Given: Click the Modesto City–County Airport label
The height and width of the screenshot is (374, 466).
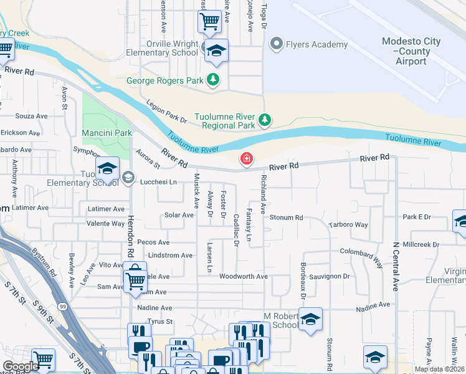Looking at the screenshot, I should (x=411, y=51).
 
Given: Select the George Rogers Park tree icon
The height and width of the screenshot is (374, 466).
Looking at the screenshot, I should (x=213, y=80).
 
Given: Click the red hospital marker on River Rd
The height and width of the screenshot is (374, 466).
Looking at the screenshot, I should (x=247, y=160).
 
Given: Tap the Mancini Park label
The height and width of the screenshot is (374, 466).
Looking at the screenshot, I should (x=107, y=133).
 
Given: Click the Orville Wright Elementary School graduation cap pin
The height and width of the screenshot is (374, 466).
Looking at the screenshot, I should (x=217, y=50).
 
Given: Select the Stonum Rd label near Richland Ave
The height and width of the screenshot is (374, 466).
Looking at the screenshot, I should (x=286, y=218).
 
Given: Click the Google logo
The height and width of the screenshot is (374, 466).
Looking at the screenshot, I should (x=20, y=367).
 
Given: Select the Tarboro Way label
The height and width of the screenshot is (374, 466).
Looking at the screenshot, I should (x=349, y=224).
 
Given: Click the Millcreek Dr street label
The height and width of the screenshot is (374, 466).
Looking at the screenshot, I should (x=422, y=244).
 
